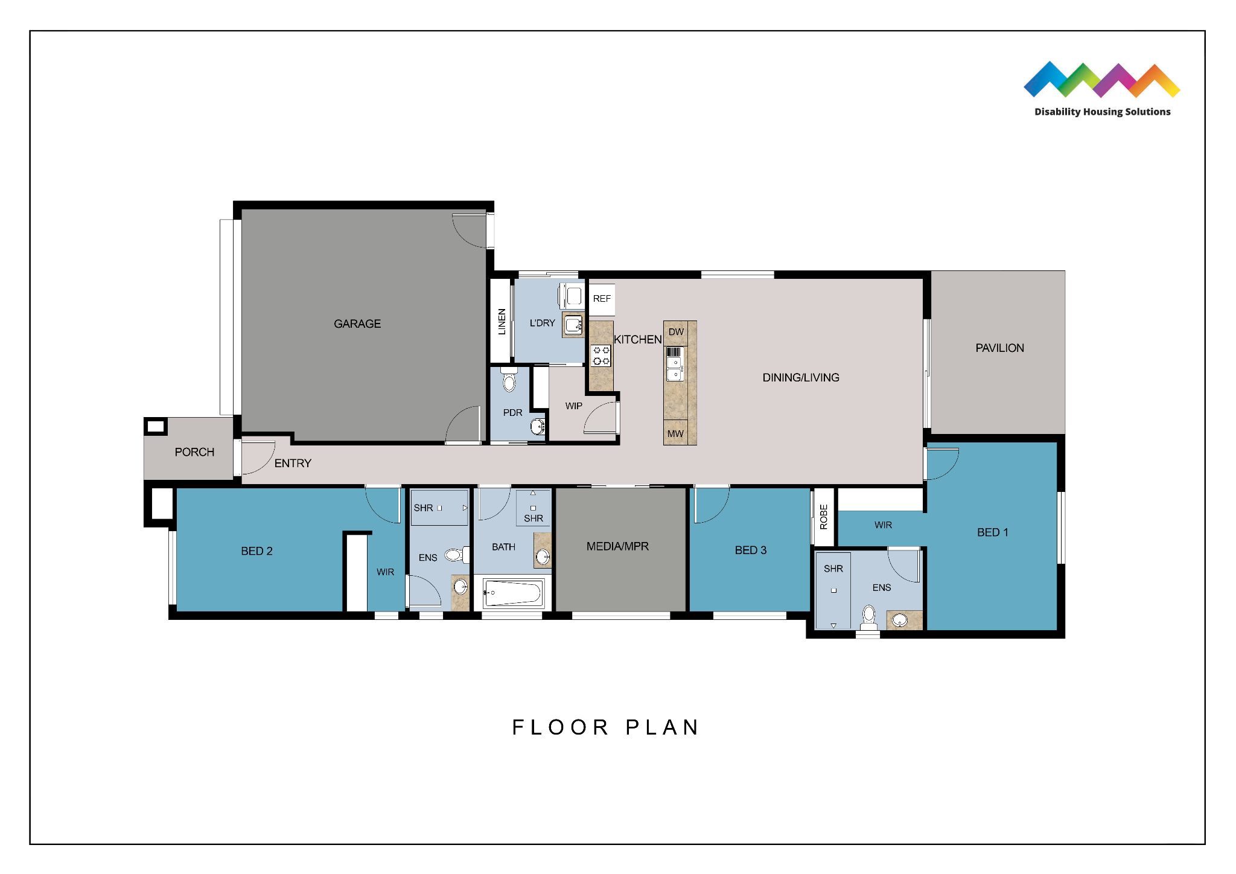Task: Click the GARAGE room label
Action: tap(357, 324)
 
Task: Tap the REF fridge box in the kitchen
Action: tap(602, 299)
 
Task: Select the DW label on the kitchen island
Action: tap(676, 332)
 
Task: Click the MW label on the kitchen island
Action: tap(675, 433)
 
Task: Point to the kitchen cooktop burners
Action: tap(601, 356)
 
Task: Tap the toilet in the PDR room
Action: tap(509, 380)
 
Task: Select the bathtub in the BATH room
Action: tap(513, 593)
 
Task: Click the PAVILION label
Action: tap(999, 348)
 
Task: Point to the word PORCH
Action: tap(194, 452)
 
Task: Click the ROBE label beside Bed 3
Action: tap(824, 517)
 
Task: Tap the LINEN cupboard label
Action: tap(502, 321)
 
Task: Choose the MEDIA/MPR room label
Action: tap(617, 546)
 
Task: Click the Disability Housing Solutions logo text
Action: tap(1102, 112)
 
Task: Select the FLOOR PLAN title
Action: tap(605, 727)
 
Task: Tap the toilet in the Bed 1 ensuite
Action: tap(868, 616)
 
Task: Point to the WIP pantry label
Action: tap(573, 406)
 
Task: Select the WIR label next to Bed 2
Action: tap(385, 572)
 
